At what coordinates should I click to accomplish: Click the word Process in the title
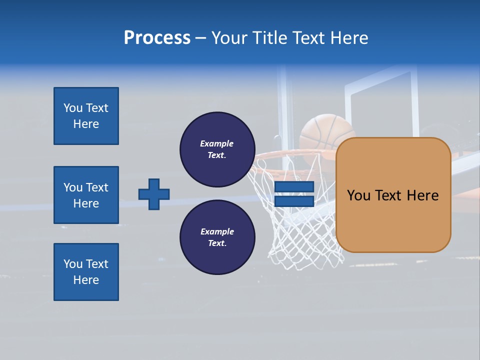pyautogui.click(x=157, y=38)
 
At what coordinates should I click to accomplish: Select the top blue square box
pyautogui.click(x=86, y=116)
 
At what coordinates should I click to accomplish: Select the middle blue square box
pyautogui.click(x=86, y=195)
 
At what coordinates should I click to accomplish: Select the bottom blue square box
pyautogui.click(x=86, y=272)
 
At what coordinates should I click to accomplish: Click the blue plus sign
pyautogui.click(x=154, y=194)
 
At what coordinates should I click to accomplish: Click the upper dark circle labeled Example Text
pyautogui.click(x=217, y=149)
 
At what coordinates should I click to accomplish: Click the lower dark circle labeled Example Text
pyautogui.click(x=217, y=237)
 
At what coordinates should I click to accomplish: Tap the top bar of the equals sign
pyautogui.click(x=294, y=187)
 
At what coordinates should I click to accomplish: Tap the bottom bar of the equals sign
pyautogui.click(x=294, y=201)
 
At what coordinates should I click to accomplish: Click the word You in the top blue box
pyautogui.click(x=73, y=108)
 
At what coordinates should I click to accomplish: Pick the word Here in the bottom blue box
pyautogui.click(x=86, y=280)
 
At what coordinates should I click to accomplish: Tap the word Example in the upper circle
pyautogui.click(x=217, y=143)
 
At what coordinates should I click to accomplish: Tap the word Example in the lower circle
pyautogui.click(x=217, y=231)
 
